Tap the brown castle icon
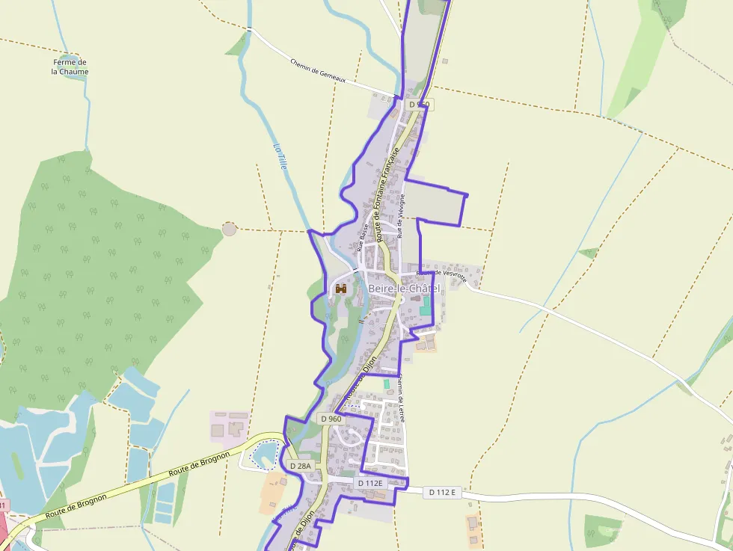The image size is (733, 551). tap(341, 289)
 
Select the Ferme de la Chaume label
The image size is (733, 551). tap(70, 67)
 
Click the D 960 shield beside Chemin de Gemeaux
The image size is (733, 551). tap(420, 104)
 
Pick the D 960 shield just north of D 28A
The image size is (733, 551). tap(331, 419)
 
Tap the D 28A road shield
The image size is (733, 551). tap(299, 466)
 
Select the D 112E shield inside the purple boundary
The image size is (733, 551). tap(370, 483)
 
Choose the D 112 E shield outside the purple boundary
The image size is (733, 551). tap(443, 493)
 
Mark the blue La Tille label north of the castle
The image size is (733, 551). tap(280, 156)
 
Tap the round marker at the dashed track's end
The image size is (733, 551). tap(229, 229)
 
